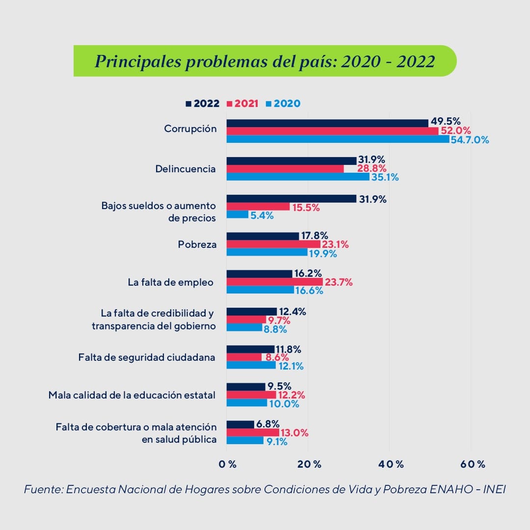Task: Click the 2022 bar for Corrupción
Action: [327, 123]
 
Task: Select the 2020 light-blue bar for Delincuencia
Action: [298, 177]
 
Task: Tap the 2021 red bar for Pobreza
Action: [273, 244]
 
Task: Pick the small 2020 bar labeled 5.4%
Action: [237, 214]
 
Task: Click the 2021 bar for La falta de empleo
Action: [274, 282]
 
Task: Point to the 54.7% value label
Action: [470, 140]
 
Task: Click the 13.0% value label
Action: [294, 433]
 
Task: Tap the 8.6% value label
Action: [276, 358]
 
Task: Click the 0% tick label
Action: [228, 464]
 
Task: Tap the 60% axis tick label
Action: [473, 464]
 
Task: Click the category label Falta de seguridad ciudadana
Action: [147, 357]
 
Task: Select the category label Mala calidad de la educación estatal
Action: [132, 395]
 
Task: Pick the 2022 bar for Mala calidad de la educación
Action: [245, 387]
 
